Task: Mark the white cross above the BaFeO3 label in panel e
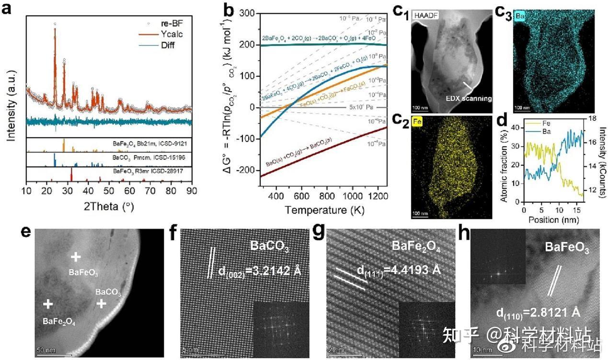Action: pyautogui.click(x=75, y=257)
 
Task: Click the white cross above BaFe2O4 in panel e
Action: pyautogui.click(x=47, y=304)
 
